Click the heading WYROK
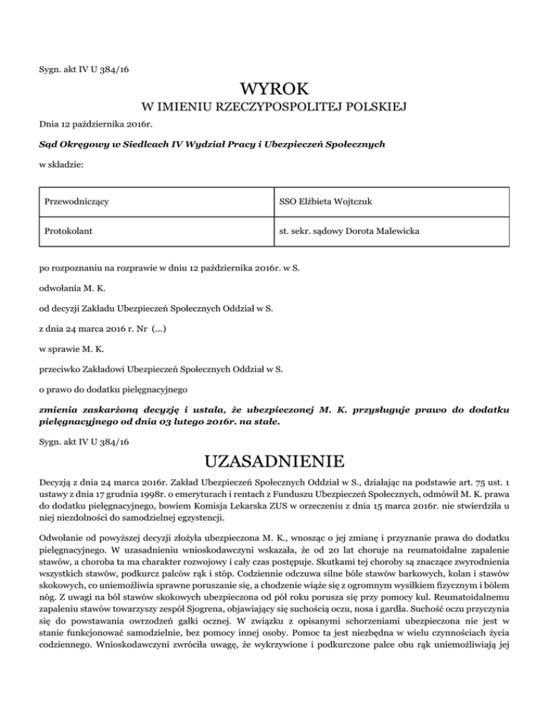tap(274, 89)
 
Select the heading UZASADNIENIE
tap(274, 458)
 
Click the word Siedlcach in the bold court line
tap(136, 144)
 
